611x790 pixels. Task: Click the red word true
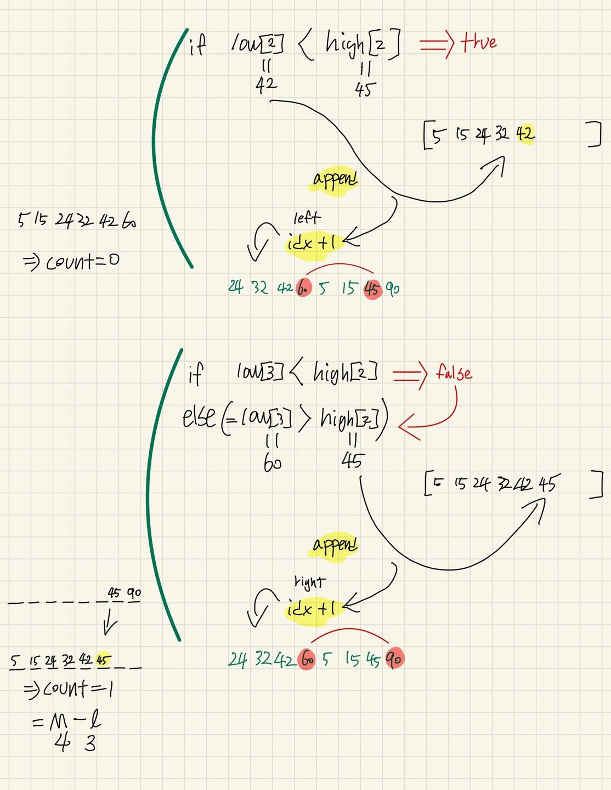pyautogui.click(x=479, y=42)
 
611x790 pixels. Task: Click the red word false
pyautogui.click(x=454, y=373)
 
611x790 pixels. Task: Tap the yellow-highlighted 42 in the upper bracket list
pyautogui.click(x=525, y=133)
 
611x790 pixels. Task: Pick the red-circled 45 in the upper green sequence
pyautogui.click(x=372, y=289)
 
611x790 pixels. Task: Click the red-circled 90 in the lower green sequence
pyautogui.click(x=394, y=659)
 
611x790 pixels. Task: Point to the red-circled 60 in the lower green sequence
pyautogui.click(x=307, y=659)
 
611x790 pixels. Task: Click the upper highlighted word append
pyautogui.click(x=335, y=179)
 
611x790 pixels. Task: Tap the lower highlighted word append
pyautogui.click(x=335, y=545)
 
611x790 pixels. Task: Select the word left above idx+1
pyautogui.click(x=307, y=218)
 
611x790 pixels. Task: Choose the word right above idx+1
pyautogui.click(x=310, y=582)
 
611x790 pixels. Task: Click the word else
pyautogui.click(x=199, y=417)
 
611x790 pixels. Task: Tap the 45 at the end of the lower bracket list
pyautogui.click(x=547, y=484)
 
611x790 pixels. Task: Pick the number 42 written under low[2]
pyautogui.click(x=266, y=85)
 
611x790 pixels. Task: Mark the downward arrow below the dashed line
pyautogui.click(x=110, y=623)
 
